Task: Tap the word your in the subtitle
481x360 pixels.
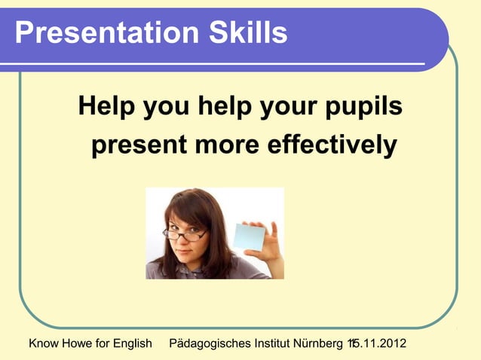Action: pos(287,108)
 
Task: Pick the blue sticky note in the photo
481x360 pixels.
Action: pos(249,236)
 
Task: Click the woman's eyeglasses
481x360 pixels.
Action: pos(185,233)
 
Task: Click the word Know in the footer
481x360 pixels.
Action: pos(44,344)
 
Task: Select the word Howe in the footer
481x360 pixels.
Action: pos(78,344)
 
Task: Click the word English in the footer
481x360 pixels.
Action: pos(132,344)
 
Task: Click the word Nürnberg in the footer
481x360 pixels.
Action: pos(317,344)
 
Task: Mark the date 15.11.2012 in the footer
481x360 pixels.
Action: pos(376,344)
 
